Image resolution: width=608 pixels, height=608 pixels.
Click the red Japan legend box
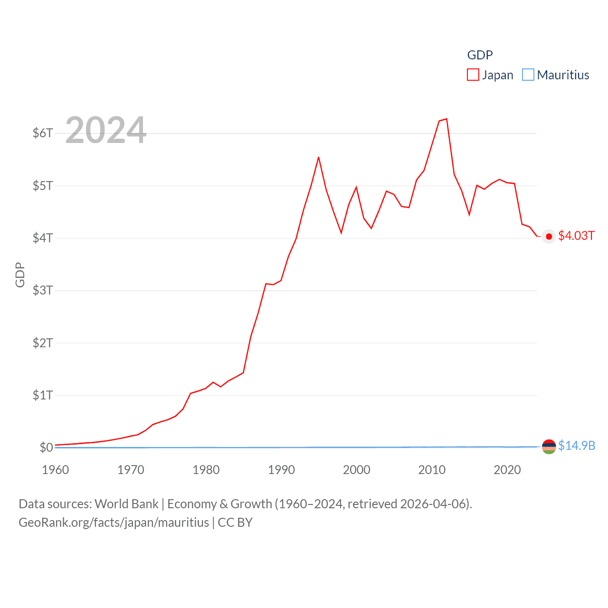[x=473, y=75]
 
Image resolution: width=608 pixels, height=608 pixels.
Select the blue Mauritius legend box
[x=528, y=75]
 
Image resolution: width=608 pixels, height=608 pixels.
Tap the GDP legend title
[x=480, y=55]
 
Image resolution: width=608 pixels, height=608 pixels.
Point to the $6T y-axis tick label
[x=43, y=133]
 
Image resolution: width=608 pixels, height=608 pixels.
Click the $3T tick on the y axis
[x=43, y=290]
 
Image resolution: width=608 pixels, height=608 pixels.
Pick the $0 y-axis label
[x=46, y=447]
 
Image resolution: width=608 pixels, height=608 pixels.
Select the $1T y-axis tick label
[x=43, y=395]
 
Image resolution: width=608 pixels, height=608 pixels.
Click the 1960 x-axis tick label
[x=56, y=470]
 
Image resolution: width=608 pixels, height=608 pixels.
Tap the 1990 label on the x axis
[x=281, y=470]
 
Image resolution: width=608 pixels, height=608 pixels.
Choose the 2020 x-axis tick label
[x=507, y=470]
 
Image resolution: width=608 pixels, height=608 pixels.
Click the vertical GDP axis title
[x=20, y=275]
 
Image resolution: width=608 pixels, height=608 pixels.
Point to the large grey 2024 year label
[x=105, y=130]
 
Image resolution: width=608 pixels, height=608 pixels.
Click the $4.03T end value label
[x=576, y=236]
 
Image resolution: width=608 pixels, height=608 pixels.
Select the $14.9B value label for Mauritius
[x=577, y=446]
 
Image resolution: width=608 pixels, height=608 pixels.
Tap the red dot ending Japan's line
[x=549, y=237]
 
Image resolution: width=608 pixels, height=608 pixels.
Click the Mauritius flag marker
[x=549, y=446]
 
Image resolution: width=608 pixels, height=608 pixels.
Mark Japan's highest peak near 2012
[x=446, y=119]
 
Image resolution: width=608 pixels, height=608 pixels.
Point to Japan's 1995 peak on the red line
[x=319, y=157]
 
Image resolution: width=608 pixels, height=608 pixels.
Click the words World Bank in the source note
[x=127, y=503]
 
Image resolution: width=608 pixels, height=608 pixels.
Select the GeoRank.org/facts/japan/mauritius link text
[x=114, y=522]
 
